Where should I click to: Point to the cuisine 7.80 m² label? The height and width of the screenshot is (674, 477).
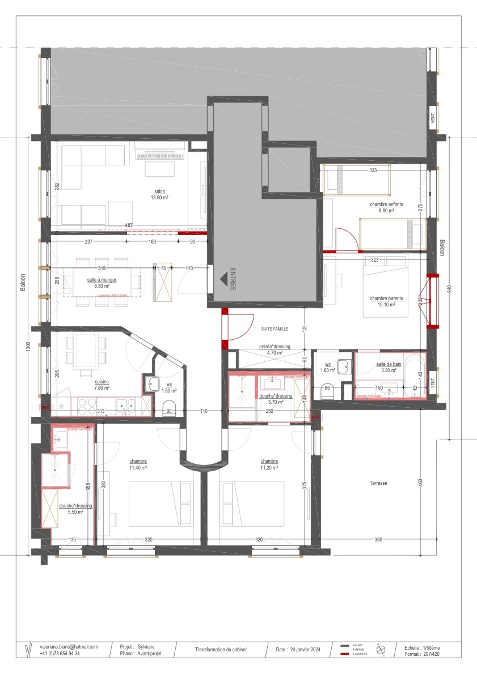(102, 385)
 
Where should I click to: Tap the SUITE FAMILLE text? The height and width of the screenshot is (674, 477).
(275, 329)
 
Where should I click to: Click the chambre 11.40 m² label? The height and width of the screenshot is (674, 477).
(138, 464)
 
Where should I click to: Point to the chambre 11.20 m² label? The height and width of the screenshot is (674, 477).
(269, 464)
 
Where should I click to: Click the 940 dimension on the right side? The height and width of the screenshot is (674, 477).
(449, 289)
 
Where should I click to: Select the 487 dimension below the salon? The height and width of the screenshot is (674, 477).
(129, 225)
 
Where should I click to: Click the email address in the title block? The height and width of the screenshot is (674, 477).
(69, 646)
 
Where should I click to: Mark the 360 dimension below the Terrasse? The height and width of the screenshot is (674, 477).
(378, 540)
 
